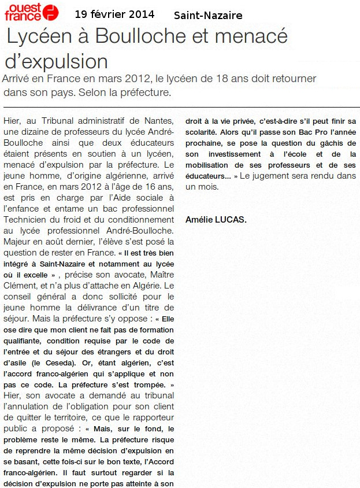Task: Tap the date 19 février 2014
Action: coord(114,14)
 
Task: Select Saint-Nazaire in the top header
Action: coord(208,16)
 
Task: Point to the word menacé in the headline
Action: coord(256,36)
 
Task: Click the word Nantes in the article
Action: coord(159,120)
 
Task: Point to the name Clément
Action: coord(21,286)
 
